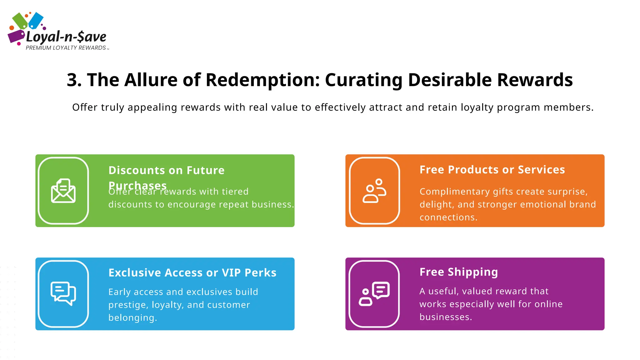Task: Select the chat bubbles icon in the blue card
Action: [x=63, y=294]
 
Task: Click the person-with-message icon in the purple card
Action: [x=374, y=294]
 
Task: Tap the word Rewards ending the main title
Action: [x=535, y=80]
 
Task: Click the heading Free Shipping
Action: [x=458, y=272]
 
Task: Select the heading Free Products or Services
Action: [x=492, y=170]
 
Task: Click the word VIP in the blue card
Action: [x=231, y=273]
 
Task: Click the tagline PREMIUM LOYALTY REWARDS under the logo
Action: [x=66, y=48]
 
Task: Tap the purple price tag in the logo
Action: [x=16, y=36]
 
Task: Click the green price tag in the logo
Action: [x=20, y=21]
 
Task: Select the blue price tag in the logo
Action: [x=36, y=20]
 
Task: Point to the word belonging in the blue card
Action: [x=132, y=318]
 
